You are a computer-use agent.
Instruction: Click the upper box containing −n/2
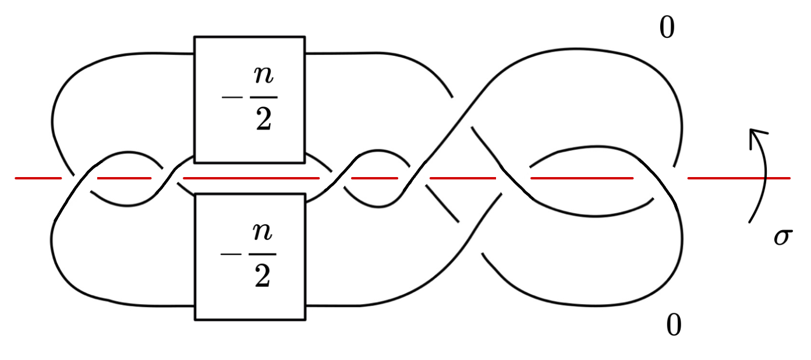pyautogui.click(x=249, y=99)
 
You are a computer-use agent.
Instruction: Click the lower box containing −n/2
pyautogui.click(x=249, y=256)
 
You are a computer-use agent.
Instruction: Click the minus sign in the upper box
pyautogui.click(x=228, y=96)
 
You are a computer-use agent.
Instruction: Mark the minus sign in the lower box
pyautogui.click(x=228, y=255)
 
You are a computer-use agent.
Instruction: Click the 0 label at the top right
pyautogui.click(x=667, y=28)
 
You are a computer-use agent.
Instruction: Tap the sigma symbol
pyautogui.click(x=782, y=238)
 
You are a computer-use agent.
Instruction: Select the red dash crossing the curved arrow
pyautogui.click(x=738, y=177)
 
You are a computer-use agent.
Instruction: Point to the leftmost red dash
pyautogui.click(x=38, y=177)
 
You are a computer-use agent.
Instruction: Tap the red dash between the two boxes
pyautogui.click(x=250, y=177)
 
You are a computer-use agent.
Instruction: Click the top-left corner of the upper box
pyautogui.click(x=195, y=37)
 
